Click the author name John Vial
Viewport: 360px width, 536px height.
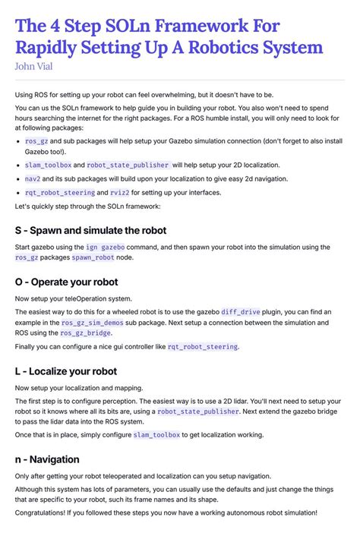click(x=36, y=65)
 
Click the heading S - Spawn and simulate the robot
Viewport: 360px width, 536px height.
click(x=90, y=230)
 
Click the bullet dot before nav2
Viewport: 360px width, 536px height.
click(x=18, y=179)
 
